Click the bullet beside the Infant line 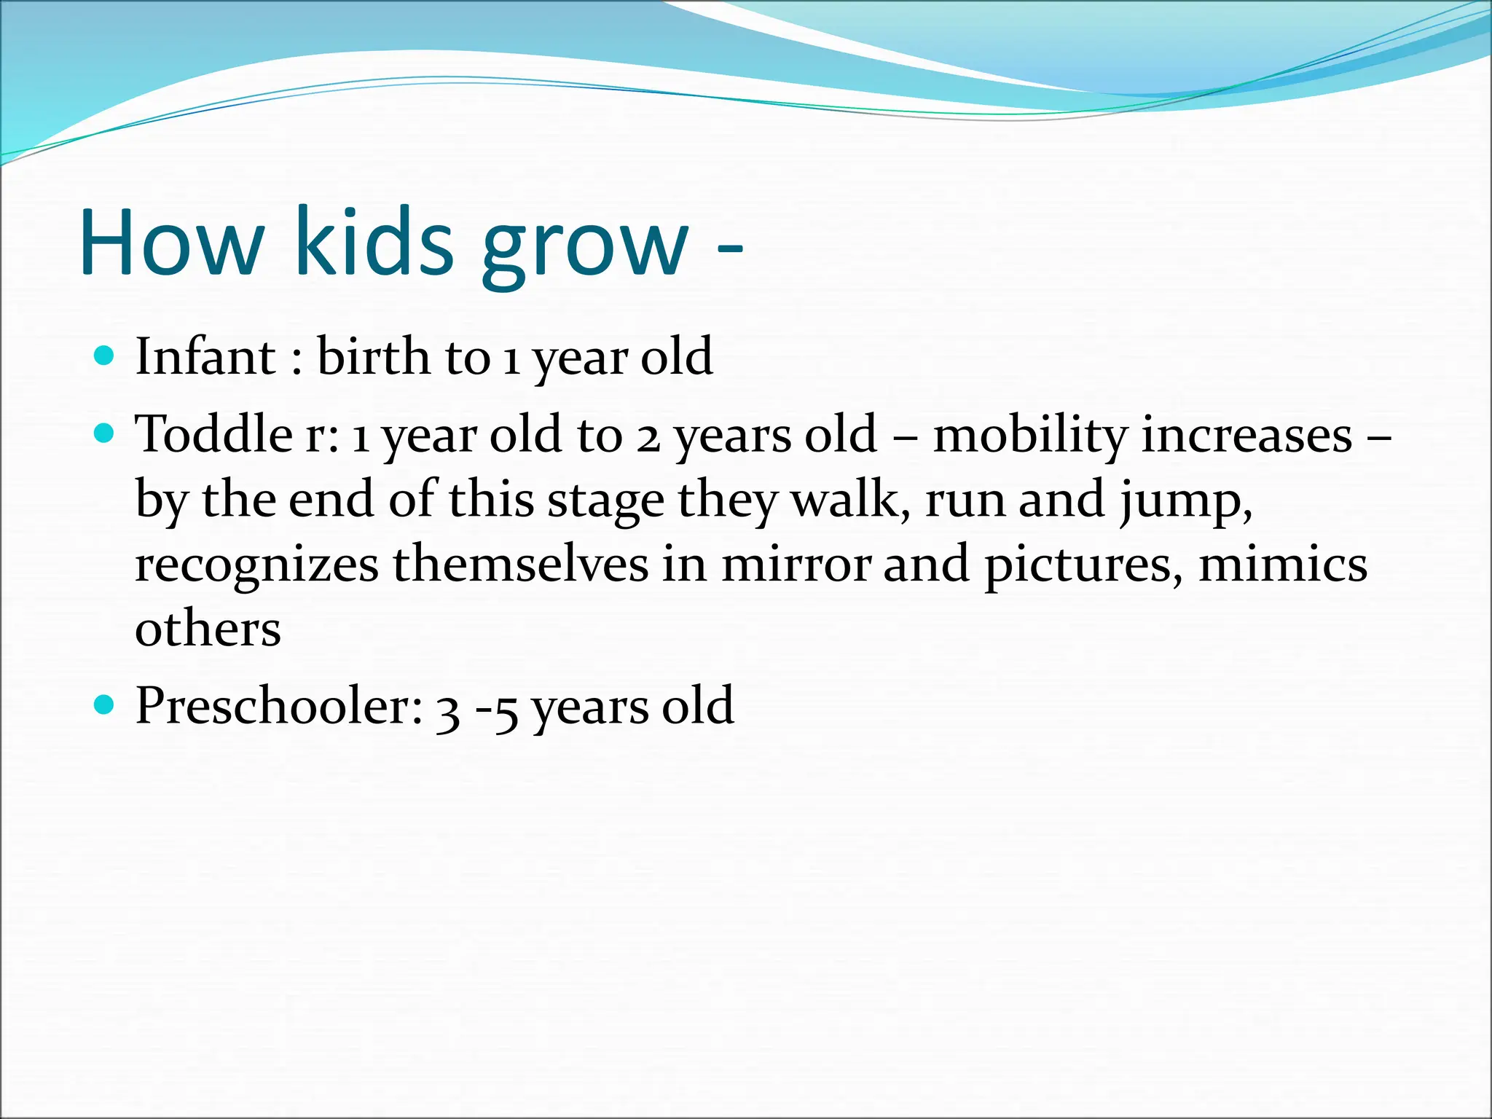(106, 356)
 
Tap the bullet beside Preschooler (106, 705)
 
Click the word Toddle (214, 434)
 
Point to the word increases (1246, 436)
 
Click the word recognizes (256, 567)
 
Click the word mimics (1283, 565)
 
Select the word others (208, 629)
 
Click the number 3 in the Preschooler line (448, 710)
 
